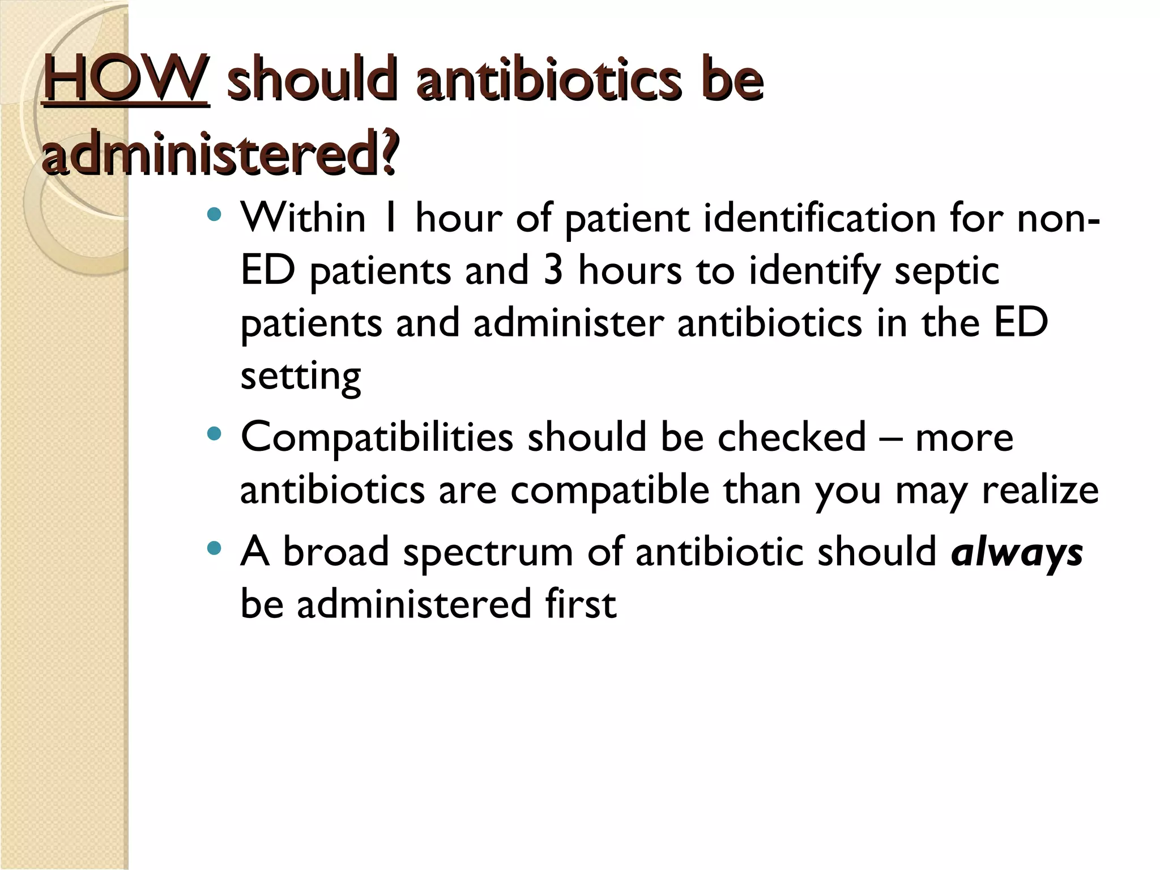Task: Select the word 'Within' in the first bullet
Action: (x=303, y=217)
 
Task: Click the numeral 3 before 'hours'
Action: (x=553, y=270)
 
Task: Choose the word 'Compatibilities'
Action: (x=377, y=438)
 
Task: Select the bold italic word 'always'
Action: (x=1017, y=553)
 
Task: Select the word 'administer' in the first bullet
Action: (x=568, y=323)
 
